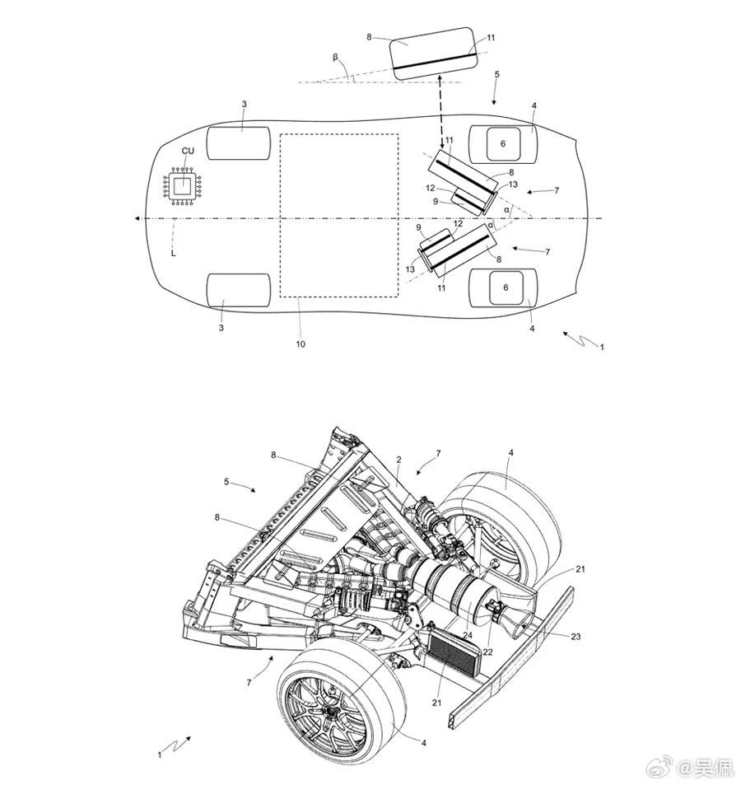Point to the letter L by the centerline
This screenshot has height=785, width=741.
pyautogui.click(x=173, y=255)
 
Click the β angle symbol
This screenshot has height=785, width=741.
pyautogui.click(x=335, y=58)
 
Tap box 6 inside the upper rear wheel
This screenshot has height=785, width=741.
pyautogui.click(x=503, y=143)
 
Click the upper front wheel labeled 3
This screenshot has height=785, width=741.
pyautogui.click(x=239, y=143)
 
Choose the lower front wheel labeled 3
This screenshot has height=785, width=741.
pyautogui.click(x=239, y=290)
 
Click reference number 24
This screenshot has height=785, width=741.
pyautogui.click(x=468, y=635)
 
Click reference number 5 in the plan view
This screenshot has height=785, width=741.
pyautogui.click(x=496, y=75)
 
